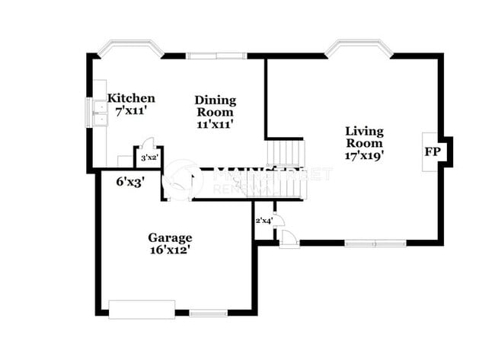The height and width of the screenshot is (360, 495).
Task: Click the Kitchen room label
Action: (131, 98)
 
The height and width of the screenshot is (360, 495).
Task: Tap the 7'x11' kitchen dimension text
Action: (131, 110)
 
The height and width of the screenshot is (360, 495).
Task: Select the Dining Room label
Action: (215, 106)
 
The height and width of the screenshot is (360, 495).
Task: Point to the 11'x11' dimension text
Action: (215, 123)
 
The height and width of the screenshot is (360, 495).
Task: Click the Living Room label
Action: (363, 136)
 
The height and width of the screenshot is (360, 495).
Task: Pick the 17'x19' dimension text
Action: (363, 155)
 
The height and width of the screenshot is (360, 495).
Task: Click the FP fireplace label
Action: (432, 151)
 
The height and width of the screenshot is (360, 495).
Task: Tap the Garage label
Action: (169, 237)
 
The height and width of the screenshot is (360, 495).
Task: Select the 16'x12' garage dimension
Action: (169, 249)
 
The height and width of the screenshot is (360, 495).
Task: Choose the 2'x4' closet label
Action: (263, 221)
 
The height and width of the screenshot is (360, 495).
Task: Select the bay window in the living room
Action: (359, 48)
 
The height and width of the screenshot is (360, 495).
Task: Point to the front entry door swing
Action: (289, 238)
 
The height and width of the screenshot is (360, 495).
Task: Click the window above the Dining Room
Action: (216, 55)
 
